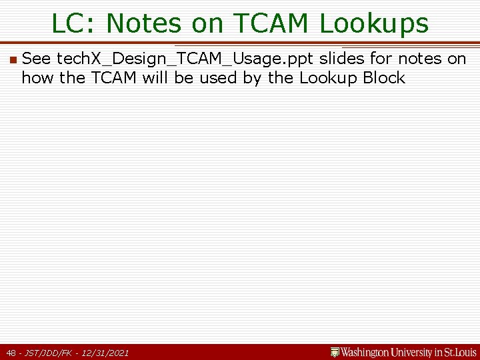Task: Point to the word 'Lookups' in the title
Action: [374, 25]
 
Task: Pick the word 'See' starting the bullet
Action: [36, 59]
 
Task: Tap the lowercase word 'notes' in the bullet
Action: [419, 59]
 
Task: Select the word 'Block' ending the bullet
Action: [384, 78]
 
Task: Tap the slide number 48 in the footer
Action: [11, 352]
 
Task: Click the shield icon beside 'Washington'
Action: [335, 351]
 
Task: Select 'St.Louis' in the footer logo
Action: [459, 351]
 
